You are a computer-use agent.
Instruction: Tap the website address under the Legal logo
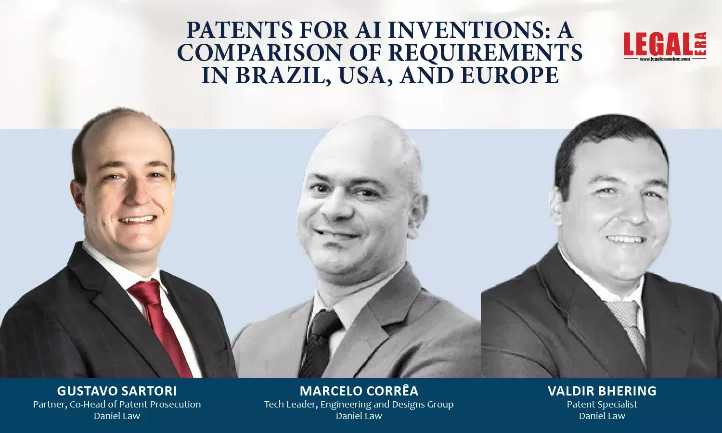coord(665,59)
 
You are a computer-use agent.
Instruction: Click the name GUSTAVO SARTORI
coord(117,391)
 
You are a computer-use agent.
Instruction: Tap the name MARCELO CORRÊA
coord(359,391)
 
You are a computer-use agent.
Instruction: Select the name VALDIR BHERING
coord(602,391)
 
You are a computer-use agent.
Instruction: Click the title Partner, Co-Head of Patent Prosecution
coord(117,404)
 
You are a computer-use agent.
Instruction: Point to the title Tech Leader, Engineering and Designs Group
coord(359,404)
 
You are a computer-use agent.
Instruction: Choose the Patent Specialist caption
coord(602,404)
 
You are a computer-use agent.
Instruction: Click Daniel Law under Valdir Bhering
coord(602,416)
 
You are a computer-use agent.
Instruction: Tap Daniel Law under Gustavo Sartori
coord(117,416)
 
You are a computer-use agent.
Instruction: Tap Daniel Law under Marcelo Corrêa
coord(359,416)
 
